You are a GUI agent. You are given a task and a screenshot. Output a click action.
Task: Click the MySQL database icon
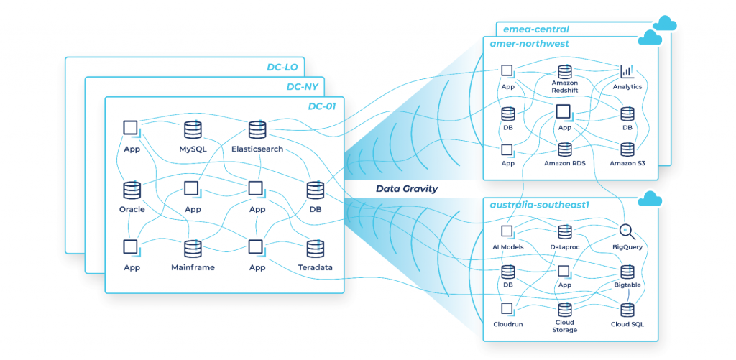click(x=193, y=129)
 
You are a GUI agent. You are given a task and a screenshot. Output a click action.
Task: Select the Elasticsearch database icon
click(x=257, y=129)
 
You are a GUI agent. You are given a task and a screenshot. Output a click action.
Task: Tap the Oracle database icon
click(x=132, y=190)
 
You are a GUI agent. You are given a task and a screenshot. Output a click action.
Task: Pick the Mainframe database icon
click(x=193, y=249)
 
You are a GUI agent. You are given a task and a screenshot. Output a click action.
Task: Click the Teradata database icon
click(x=314, y=249)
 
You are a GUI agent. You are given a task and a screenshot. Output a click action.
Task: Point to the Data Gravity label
click(x=408, y=189)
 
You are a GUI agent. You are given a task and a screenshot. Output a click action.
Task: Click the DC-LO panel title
click(x=284, y=68)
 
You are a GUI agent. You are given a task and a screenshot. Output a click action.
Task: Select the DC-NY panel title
click(x=304, y=88)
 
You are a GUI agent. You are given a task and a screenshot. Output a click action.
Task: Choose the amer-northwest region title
click(x=529, y=44)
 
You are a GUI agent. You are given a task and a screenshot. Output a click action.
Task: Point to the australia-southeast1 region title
click(x=540, y=205)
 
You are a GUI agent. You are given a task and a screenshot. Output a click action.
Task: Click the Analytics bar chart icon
click(x=627, y=71)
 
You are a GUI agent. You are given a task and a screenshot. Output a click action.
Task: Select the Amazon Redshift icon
click(x=564, y=71)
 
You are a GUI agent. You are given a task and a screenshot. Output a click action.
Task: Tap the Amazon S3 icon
click(x=627, y=149)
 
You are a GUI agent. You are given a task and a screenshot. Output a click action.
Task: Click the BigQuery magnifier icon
click(x=627, y=231)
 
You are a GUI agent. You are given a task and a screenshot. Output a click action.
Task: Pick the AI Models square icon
click(x=507, y=231)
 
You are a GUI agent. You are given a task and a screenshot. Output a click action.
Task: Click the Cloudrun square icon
click(x=507, y=309)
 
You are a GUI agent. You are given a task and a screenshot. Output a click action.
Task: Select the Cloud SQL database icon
click(x=627, y=309)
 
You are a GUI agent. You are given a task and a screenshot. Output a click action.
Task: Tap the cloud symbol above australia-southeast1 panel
click(x=650, y=198)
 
